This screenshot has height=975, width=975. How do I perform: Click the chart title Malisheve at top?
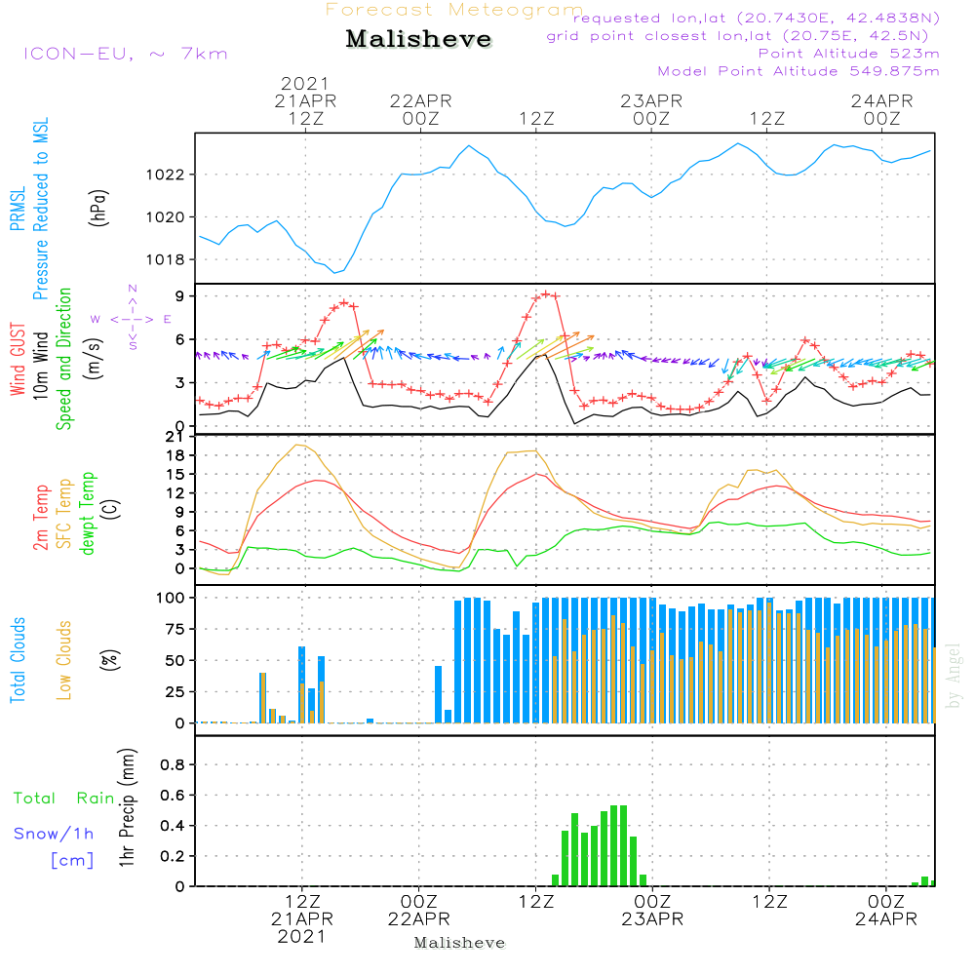(418, 39)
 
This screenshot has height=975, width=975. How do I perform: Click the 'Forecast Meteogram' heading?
(454, 10)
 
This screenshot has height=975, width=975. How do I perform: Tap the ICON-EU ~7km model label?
(126, 54)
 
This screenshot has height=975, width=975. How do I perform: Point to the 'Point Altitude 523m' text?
(849, 54)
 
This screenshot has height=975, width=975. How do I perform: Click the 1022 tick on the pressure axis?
(166, 175)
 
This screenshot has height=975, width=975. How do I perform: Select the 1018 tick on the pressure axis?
(166, 260)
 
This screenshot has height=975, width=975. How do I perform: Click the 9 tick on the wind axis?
(179, 296)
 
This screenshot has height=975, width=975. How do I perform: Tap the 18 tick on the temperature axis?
(175, 455)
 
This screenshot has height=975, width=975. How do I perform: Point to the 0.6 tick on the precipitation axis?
(173, 796)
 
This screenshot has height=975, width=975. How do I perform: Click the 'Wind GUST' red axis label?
(18, 359)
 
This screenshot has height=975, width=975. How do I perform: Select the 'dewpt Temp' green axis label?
(87, 514)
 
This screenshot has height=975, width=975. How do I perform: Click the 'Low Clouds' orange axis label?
(63, 660)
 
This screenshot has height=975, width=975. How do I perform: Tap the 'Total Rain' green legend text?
(64, 798)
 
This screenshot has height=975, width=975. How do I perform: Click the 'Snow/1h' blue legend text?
(54, 834)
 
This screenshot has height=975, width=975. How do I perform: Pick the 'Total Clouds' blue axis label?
(18, 660)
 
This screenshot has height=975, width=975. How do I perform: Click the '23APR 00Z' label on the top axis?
(651, 109)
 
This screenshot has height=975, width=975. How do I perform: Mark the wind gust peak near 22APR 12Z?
(546, 294)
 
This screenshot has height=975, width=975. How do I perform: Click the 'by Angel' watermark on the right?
(954, 676)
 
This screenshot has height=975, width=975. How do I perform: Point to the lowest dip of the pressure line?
(334, 272)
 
